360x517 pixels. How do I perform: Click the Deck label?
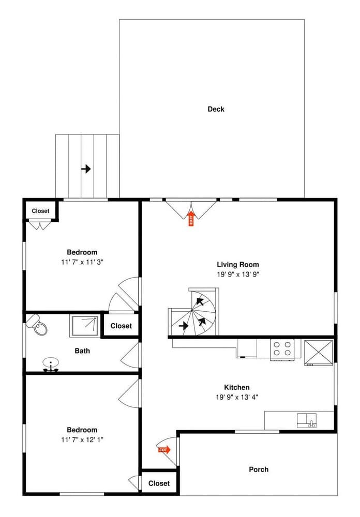(x=216, y=109)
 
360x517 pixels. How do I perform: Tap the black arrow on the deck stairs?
(x=86, y=169)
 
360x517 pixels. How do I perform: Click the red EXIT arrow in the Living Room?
(x=191, y=219)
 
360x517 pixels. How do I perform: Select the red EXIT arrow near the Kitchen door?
(x=164, y=450)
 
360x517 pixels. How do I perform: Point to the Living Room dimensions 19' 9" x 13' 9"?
(x=237, y=275)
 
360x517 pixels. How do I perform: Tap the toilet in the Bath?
(x=38, y=324)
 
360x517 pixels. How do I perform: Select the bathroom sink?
(x=51, y=363)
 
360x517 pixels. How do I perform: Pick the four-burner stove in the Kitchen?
(x=282, y=348)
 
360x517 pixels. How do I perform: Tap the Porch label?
(x=259, y=469)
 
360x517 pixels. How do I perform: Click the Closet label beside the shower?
(x=121, y=326)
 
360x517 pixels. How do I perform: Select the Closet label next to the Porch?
(x=159, y=483)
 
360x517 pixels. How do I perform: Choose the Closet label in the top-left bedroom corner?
(x=40, y=211)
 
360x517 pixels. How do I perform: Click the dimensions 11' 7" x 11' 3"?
(x=82, y=262)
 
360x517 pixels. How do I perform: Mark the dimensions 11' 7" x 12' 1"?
(x=82, y=440)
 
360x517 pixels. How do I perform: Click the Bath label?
(x=82, y=351)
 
